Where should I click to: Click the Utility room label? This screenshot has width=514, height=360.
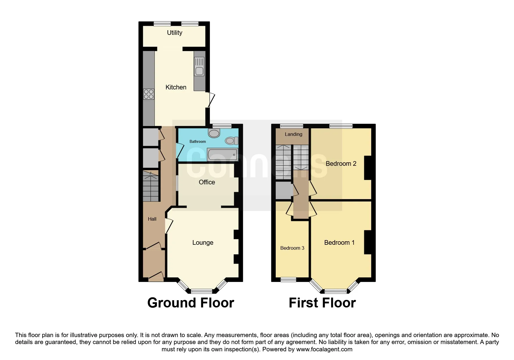[x=174, y=33]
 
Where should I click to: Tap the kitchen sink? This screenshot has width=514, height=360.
[x=199, y=71]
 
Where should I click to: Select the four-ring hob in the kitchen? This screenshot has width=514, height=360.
[x=149, y=94]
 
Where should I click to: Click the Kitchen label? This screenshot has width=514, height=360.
[x=176, y=87]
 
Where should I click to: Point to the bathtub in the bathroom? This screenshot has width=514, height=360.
[x=222, y=154]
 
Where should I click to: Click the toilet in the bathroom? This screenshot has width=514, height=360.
[x=231, y=141]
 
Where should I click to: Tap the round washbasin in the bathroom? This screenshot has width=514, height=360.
[x=214, y=134]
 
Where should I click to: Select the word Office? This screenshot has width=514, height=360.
[x=207, y=182]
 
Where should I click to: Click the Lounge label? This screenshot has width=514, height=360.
[x=203, y=242]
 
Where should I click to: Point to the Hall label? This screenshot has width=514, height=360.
[x=152, y=219]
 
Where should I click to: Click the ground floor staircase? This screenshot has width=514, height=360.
[x=151, y=186]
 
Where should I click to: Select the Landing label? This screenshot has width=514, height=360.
[x=293, y=134]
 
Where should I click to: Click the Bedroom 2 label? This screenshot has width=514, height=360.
[x=341, y=163]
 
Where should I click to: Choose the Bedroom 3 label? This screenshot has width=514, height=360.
[x=292, y=248]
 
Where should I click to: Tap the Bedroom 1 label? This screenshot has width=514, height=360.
[x=339, y=242]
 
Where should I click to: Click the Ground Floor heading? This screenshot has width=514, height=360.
[x=190, y=303]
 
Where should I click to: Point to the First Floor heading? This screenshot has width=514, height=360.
[x=322, y=303]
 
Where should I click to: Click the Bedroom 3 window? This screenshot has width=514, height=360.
[x=288, y=280]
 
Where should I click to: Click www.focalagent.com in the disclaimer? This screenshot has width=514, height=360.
[x=324, y=349]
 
